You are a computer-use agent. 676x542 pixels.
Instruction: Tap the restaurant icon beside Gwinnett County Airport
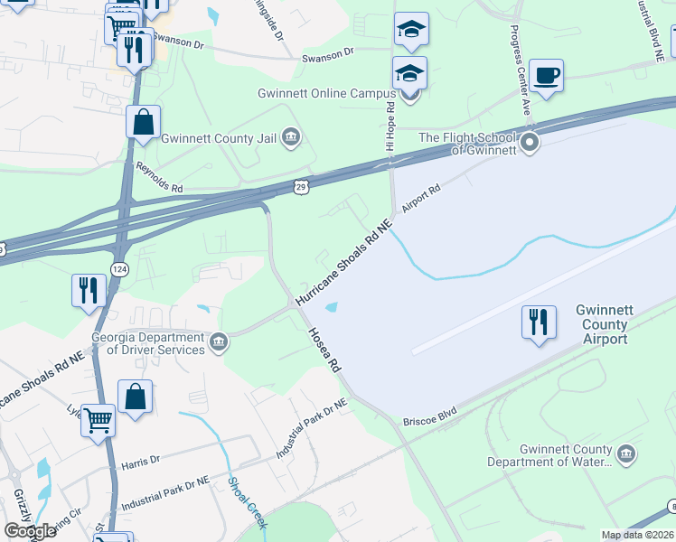tap(539, 322)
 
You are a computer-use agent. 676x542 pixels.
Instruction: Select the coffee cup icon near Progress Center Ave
tap(546, 76)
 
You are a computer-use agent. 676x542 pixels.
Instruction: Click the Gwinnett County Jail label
tap(219, 139)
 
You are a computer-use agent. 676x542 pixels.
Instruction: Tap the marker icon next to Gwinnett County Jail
tap(291, 137)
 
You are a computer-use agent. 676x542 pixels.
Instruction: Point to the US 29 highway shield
tap(301, 185)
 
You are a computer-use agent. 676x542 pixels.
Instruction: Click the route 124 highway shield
tap(118, 269)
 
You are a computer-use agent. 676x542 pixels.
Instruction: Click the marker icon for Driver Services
tap(219, 342)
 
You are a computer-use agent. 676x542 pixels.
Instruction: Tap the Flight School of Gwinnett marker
tap(529, 143)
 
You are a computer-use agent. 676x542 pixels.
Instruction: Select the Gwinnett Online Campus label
tap(326, 93)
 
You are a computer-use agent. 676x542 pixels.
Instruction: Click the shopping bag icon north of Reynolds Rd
tap(144, 122)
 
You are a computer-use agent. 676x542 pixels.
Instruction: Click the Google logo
tap(31, 530)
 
